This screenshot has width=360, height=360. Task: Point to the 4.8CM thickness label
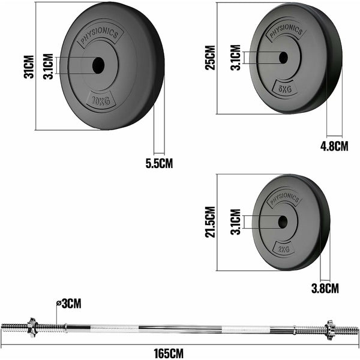pyautogui.click(x=334, y=146)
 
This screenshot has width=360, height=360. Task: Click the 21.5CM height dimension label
pyautogui.click(x=209, y=222)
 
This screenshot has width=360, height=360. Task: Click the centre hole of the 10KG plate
pyautogui.click(x=98, y=65)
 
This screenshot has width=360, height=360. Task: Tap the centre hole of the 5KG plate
pyautogui.click(x=283, y=58)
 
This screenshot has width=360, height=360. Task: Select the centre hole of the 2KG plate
pyautogui.click(x=282, y=221)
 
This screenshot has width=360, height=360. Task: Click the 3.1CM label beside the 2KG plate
pyautogui.click(x=235, y=221)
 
